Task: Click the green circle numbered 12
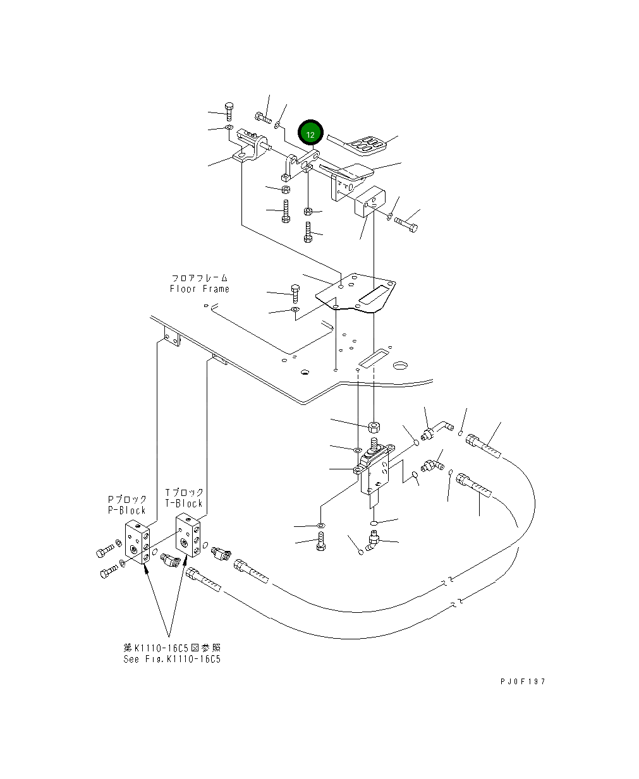pyautogui.click(x=310, y=134)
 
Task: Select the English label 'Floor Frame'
pyautogui.click(x=199, y=289)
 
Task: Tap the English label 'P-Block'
pyautogui.click(x=126, y=510)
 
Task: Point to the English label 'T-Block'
pyautogui.click(x=184, y=503)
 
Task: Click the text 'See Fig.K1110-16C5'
pyautogui.click(x=172, y=659)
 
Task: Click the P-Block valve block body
pyautogui.click(x=137, y=541)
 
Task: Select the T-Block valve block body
pyautogui.click(x=187, y=535)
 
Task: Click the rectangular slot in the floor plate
pyautogui.click(x=374, y=294)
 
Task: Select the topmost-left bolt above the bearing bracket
pyautogui.click(x=229, y=111)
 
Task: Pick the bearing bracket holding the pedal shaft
pyautogui.click(x=250, y=149)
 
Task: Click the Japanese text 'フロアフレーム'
pyautogui.click(x=199, y=277)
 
